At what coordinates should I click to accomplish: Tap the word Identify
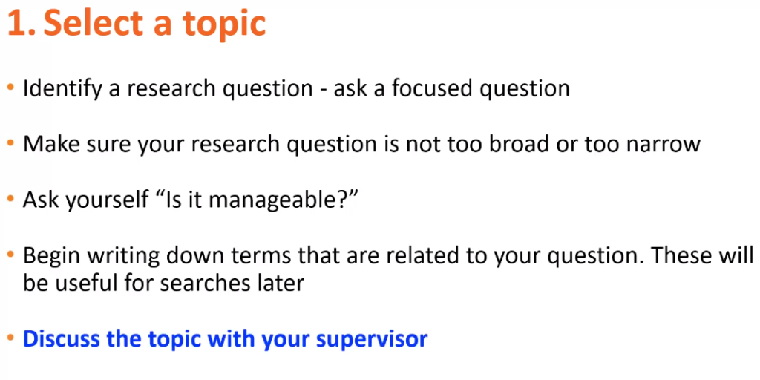pos(63,89)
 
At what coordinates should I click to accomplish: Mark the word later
pos(278,283)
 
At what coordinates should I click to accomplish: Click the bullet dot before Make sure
pos(10,144)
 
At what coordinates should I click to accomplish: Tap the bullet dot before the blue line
pos(10,338)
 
